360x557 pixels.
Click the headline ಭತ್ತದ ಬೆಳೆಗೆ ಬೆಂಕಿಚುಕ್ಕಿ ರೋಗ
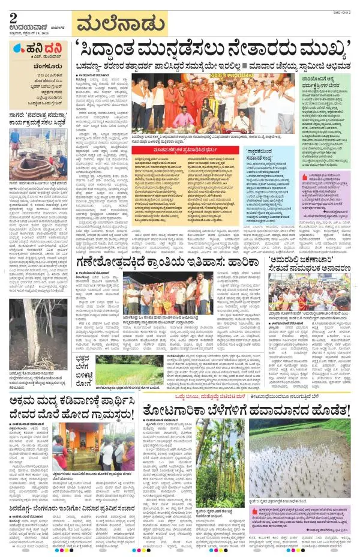point(88,368)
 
